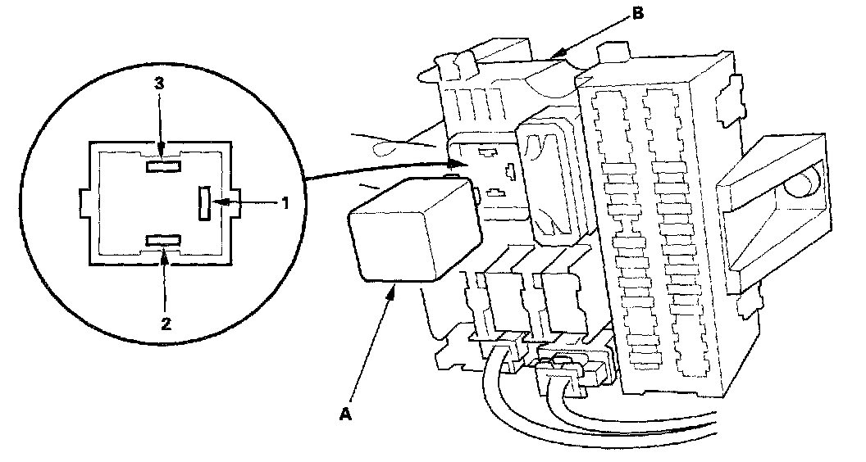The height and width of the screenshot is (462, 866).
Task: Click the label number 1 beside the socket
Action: point(285,202)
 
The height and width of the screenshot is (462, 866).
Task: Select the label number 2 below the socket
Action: point(166,323)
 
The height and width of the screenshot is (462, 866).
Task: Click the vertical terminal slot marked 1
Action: point(204,202)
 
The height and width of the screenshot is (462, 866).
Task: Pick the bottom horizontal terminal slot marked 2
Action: point(163,240)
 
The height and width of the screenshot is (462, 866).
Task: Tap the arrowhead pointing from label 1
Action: point(218,202)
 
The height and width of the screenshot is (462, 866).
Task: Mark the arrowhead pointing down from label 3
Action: point(162,151)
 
